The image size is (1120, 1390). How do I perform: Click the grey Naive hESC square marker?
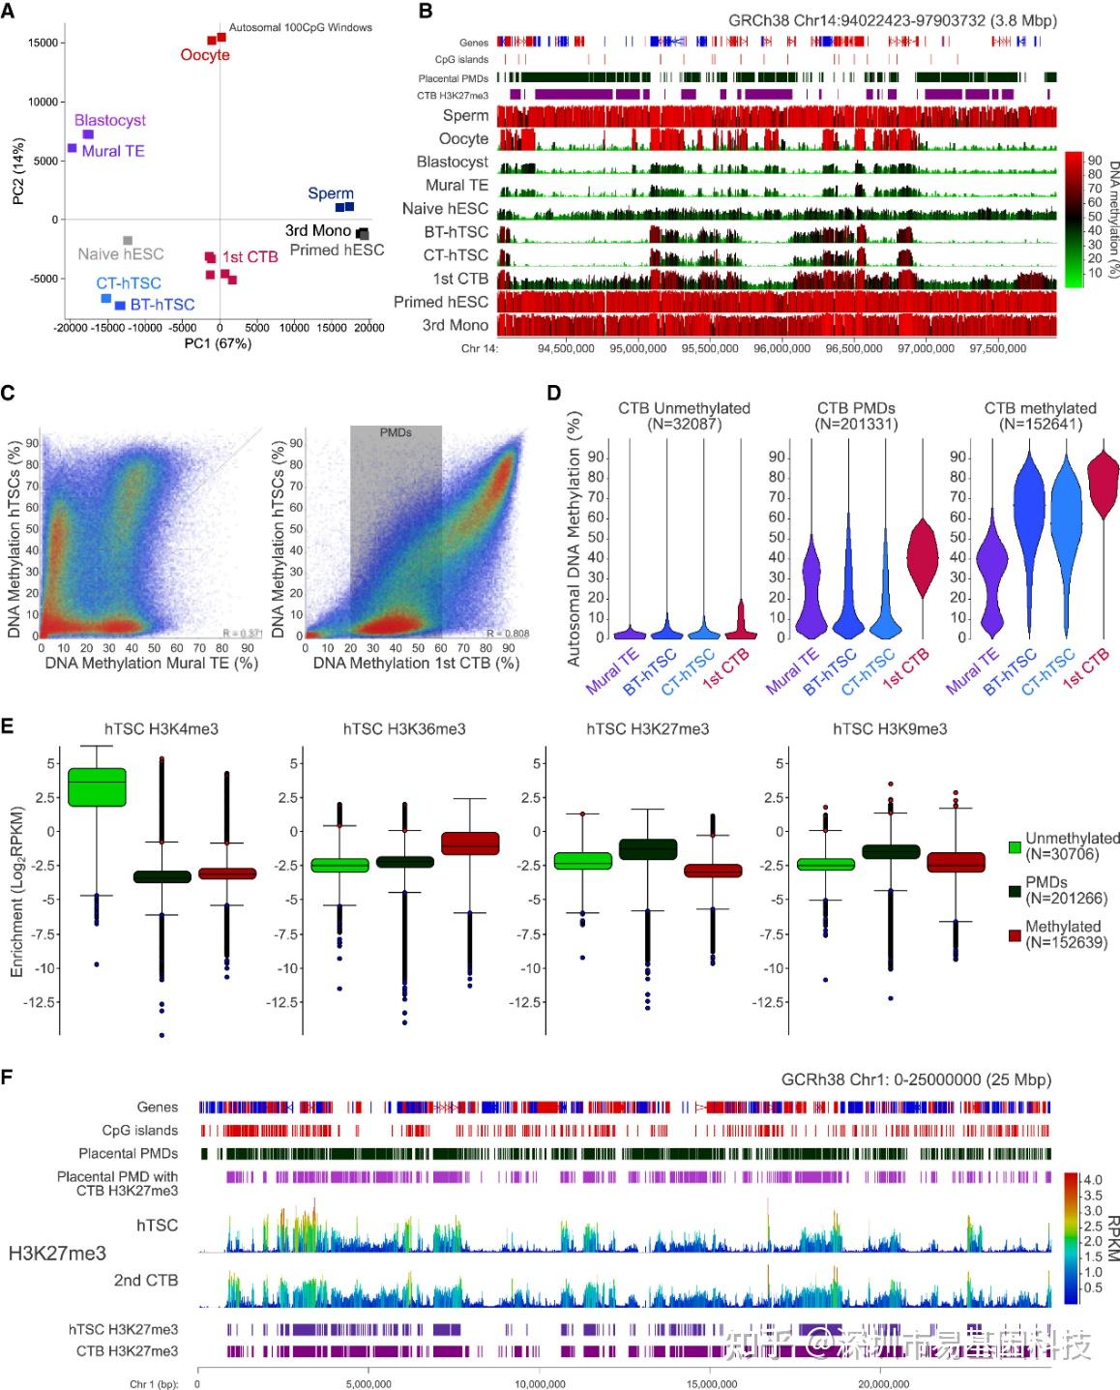[x=128, y=240]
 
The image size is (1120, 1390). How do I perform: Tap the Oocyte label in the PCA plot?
[x=205, y=55]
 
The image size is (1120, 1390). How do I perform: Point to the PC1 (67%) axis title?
[x=218, y=342]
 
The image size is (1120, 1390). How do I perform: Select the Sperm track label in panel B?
[x=465, y=116]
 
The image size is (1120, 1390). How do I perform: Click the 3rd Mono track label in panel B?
[x=455, y=325]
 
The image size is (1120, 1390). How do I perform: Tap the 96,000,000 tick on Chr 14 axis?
[x=782, y=348]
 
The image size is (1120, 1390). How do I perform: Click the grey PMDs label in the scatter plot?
[x=396, y=432]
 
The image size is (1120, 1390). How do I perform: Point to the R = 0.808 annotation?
[x=508, y=634]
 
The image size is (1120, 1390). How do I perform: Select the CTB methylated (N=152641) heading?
[x=1040, y=416]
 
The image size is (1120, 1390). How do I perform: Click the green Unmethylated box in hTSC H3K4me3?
[x=97, y=785]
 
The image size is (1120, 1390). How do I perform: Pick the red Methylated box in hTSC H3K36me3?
[x=470, y=843]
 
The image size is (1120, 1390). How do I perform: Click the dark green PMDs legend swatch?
[x=1015, y=890]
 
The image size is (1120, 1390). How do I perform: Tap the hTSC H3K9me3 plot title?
[x=890, y=728]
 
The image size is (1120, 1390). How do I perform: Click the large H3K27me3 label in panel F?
[x=57, y=1253]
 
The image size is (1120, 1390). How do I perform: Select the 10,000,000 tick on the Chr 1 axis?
[x=540, y=1384]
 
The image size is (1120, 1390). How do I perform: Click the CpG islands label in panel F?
[x=140, y=1130]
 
